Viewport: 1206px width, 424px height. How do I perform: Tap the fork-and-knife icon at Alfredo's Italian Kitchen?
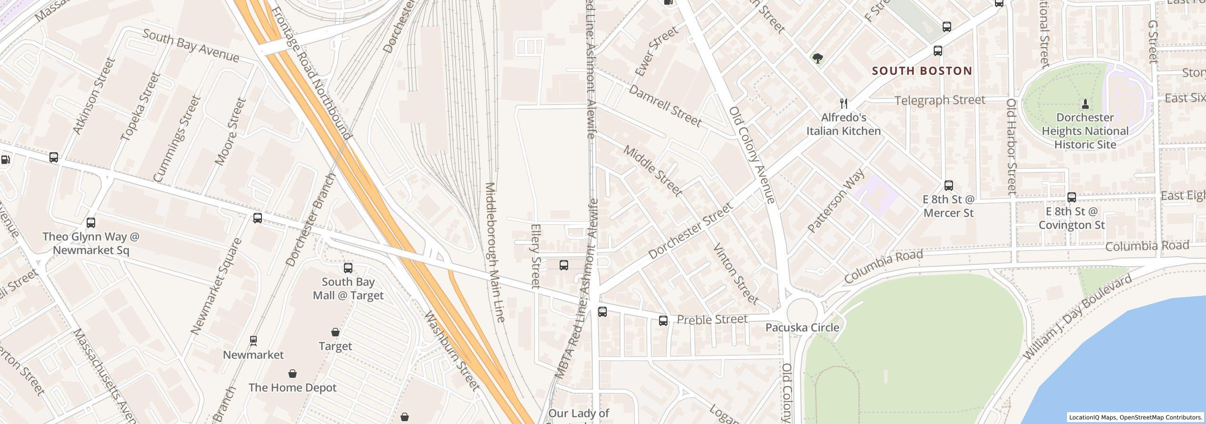point(844,104)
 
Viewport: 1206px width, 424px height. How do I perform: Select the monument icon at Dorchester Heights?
point(1085,104)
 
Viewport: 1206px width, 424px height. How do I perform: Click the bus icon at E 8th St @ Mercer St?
point(949,186)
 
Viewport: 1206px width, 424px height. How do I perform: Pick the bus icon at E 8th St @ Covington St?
point(1072,197)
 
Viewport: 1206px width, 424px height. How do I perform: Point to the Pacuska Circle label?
point(802,327)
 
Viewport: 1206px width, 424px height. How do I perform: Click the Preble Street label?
point(712,319)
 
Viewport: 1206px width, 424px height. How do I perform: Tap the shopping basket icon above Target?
point(335,333)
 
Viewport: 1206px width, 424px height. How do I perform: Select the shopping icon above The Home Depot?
point(293,374)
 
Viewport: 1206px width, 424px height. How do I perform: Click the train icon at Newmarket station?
point(253,341)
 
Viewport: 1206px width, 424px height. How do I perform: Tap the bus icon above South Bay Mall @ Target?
point(348,268)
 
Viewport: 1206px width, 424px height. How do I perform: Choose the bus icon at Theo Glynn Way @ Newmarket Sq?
point(91,223)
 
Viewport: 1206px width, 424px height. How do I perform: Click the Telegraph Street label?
point(940,100)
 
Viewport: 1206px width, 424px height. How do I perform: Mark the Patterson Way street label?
point(836,201)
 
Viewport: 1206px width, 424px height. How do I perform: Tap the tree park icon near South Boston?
point(818,58)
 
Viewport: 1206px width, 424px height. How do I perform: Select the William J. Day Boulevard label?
point(1077,318)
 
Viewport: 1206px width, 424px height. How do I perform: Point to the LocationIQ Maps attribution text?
point(1135,417)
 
